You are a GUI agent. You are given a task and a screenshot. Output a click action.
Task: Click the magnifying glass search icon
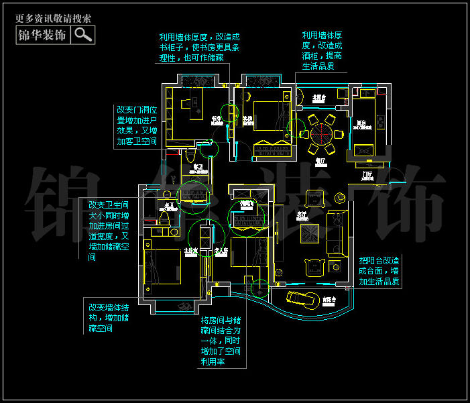pyautogui.click(x=83, y=35)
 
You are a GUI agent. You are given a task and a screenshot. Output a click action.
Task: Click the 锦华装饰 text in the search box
pyautogui.click(x=42, y=35)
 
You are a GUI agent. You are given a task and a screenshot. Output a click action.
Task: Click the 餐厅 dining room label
pyautogui.click(x=320, y=161)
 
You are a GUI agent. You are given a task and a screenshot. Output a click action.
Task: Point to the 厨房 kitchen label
pyautogui.click(x=361, y=123)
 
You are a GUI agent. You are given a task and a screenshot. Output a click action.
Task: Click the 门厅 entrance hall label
pyautogui.click(x=367, y=175)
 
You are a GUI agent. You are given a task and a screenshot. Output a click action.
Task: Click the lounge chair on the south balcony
pyautogui.click(x=302, y=297)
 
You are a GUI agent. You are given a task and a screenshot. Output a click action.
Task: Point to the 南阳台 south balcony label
pyautogui.click(x=329, y=300)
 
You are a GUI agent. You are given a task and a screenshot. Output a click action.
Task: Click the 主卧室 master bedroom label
pyautogui.click(x=190, y=251)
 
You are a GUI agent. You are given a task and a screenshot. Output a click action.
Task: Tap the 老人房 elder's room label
pyautogui.click(x=222, y=251)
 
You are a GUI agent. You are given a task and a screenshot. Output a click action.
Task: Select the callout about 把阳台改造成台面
pyautogui.click(x=379, y=271)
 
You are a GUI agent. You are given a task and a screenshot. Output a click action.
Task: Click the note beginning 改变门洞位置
pyautogui.click(x=137, y=125)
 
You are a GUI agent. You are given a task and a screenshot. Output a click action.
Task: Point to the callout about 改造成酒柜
pyautogui.click(x=322, y=50)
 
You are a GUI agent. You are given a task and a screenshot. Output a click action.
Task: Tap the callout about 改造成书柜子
pyautogui.click(x=199, y=48)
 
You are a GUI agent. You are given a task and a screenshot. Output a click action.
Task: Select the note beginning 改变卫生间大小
pyautogui.click(x=109, y=230)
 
